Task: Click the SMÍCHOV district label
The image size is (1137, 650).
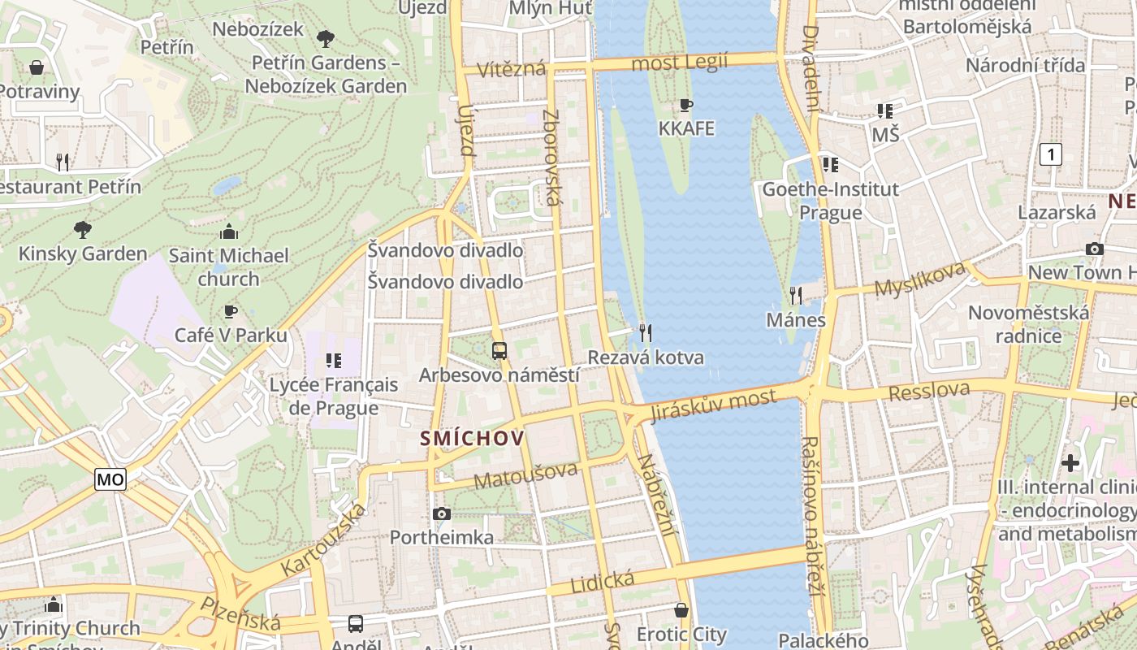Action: pyautogui.click(x=472, y=439)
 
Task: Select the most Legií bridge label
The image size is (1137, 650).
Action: pyautogui.click(x=679, y=62)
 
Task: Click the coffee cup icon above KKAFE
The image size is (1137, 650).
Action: pyautogui.click(x=686, y=105)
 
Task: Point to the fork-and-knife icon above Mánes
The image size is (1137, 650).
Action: pyautogui.click(x=796, y=295)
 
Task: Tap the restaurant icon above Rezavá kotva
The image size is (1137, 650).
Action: pyautogui.click(x=646, y=332)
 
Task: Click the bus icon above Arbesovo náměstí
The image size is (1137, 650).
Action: pyautogui.click(x=499, y=351)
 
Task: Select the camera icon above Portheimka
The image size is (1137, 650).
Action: pyautogui.click(x=442, y=513)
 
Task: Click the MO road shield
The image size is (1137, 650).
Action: pyautogui.click(x=110, y=479)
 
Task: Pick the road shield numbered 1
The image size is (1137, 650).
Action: pyautogui.click(x=1051, y=154)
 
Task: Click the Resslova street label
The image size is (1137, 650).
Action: pyautogui.click(x=929, y=392)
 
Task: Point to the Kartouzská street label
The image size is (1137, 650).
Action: pyautogui.click(x=322, y=540)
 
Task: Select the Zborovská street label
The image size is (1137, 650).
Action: pyautogui.click(x=551, y=157)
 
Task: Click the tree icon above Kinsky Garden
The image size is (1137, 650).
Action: pyautogui.click(x=82, y=229)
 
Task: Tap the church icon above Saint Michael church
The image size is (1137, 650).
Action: pyautogui.click(x=229, y=232)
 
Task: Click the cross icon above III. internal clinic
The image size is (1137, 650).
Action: pyautogui.click(x=1070, y=463)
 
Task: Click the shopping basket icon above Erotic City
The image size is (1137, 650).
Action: pyautogui.click(x=681, y=609)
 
